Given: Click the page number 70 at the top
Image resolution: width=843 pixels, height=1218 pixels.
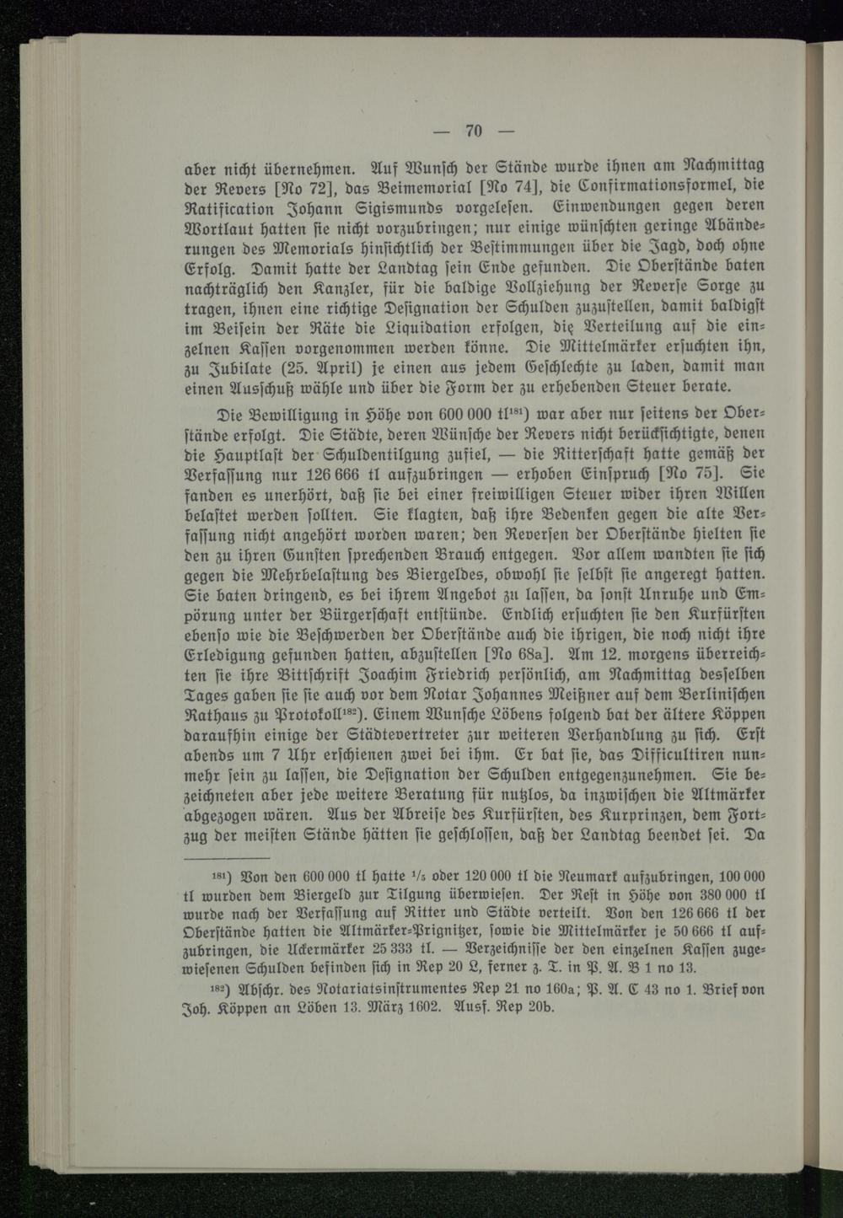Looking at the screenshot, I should pos(472,130).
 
